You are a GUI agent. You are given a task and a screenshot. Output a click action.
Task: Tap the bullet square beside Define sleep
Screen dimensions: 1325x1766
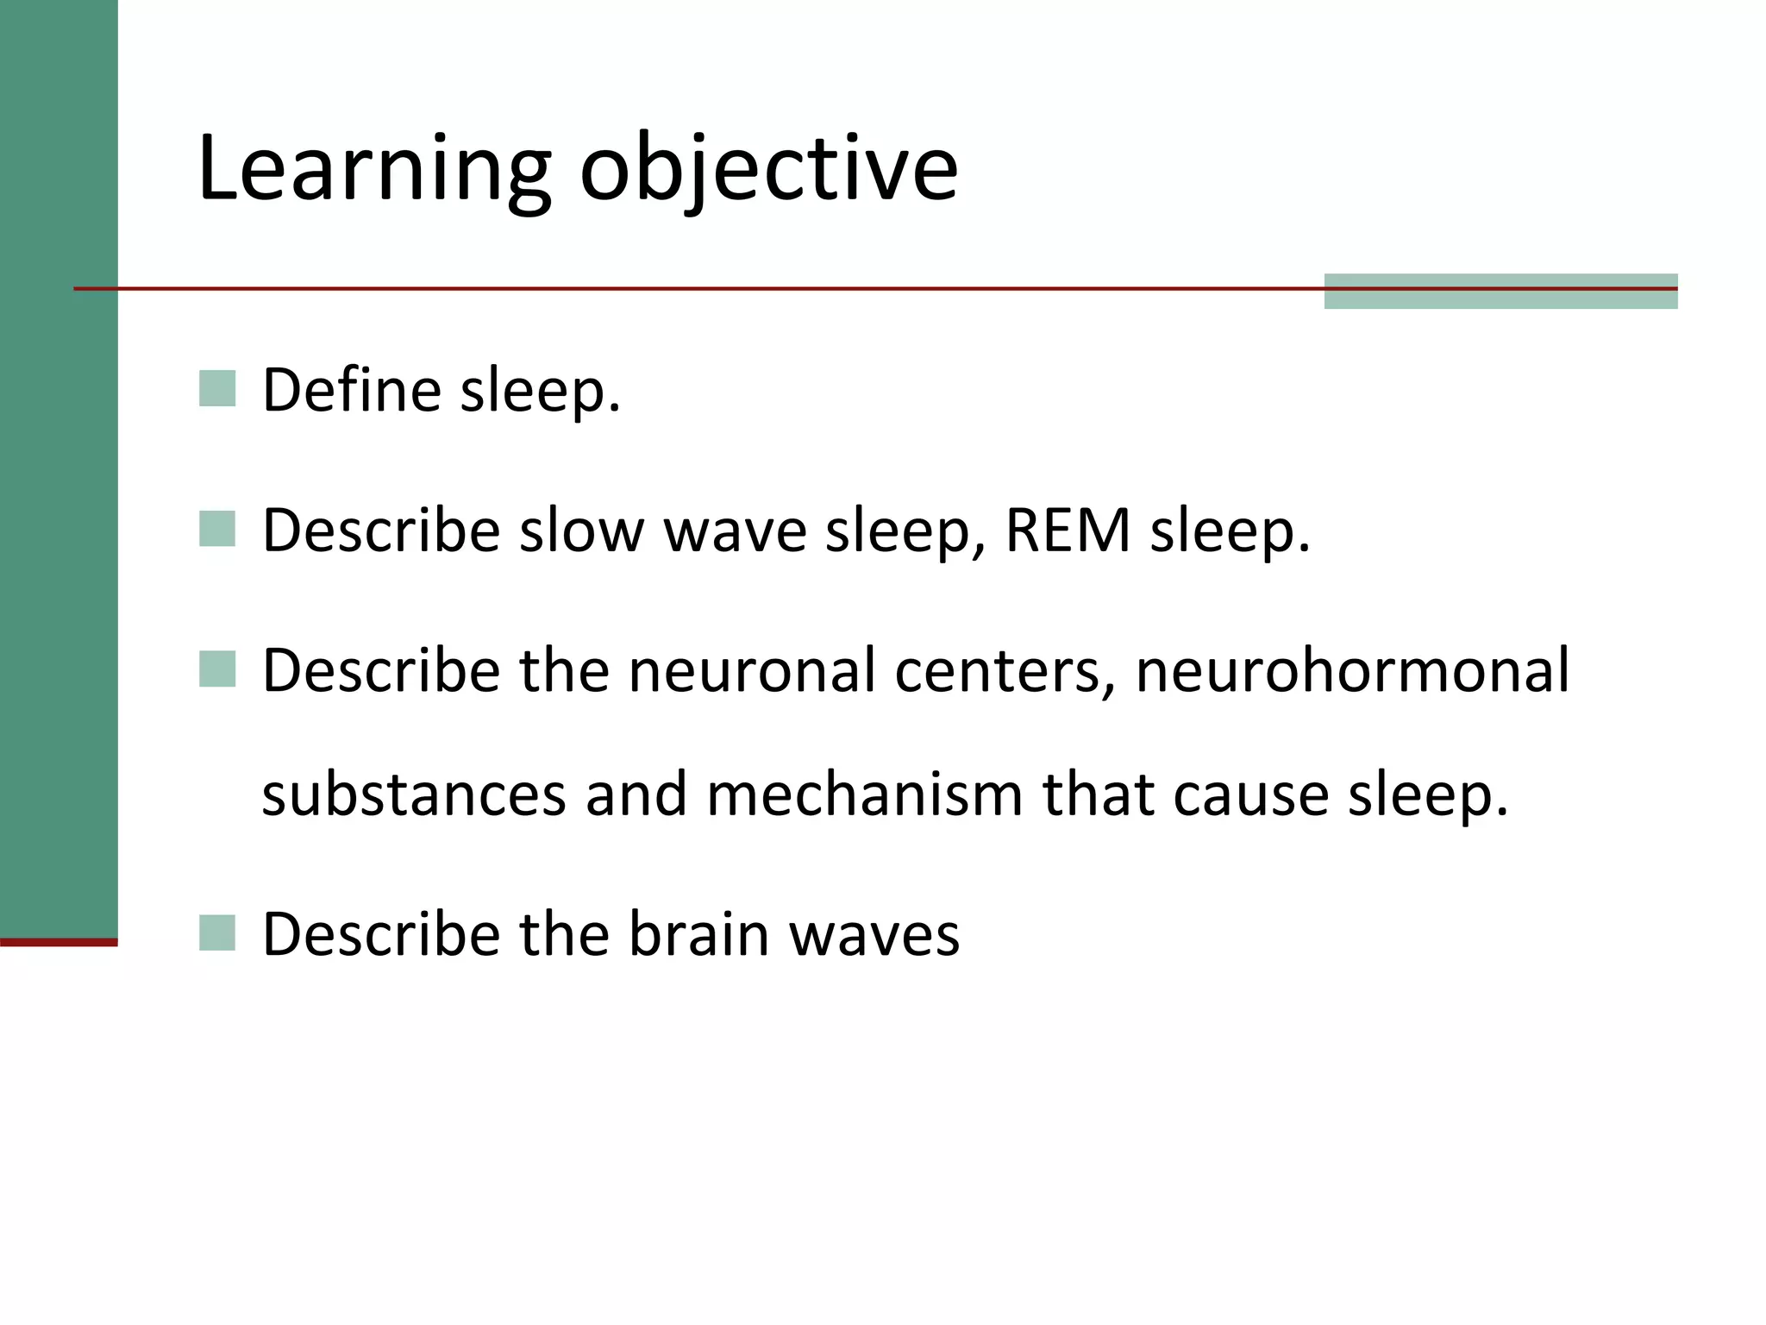coord(217,388)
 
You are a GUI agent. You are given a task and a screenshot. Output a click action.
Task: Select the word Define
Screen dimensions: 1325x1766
coord(352,390)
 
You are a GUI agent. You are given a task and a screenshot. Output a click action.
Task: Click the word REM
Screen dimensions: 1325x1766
coord(1068,530)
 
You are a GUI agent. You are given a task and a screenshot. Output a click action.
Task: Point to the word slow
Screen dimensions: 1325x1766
coord(581,530)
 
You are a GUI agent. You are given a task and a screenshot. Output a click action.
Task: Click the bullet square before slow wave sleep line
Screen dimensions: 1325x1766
coord(217,529)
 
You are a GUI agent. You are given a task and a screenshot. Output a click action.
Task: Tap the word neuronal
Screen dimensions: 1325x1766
coord(751,670)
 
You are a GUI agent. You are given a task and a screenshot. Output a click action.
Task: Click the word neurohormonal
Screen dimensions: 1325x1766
coord(1352,670)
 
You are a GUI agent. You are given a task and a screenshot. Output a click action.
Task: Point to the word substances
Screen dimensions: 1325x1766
coord(414,794)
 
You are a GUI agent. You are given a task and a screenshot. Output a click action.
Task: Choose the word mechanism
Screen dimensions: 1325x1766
coord(865,794)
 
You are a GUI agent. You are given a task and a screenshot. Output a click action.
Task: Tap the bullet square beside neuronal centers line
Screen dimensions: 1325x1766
coord(217,669)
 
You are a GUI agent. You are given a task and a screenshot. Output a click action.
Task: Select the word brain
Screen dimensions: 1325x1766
coord(698,933)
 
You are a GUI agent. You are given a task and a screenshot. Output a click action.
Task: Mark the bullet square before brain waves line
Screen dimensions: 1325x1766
coord(217,933)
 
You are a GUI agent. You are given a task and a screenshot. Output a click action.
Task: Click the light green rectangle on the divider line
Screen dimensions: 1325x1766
coord(1500,292)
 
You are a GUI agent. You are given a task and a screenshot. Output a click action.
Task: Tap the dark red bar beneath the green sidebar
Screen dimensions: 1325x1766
coord(59,942)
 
